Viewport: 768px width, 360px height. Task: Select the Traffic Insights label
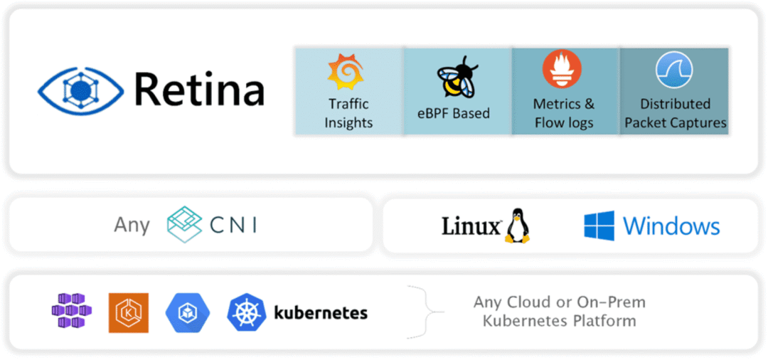(x=348, y=113)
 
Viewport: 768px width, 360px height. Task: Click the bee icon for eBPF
(x=456, y=77)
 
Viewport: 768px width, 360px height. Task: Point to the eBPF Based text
(x=454, y=112)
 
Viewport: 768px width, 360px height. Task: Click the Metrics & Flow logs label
(x=564, y=113)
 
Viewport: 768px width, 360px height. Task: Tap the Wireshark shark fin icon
(x=673, y=70)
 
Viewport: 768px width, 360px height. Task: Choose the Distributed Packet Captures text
(x=675, y=113)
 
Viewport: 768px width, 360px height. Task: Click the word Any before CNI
(x=132, y=225)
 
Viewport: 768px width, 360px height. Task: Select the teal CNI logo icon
(x=184, y=225)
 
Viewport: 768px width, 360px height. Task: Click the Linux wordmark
(x=471, y=226)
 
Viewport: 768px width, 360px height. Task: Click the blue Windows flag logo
(x=599, y=226)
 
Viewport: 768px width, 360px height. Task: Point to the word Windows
(x=671, y=226)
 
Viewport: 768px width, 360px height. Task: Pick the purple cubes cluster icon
(x=71, y=311)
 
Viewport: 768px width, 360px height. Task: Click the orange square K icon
(x=129, y=312)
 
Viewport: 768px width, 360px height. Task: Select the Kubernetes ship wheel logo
(x=246, y=312)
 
